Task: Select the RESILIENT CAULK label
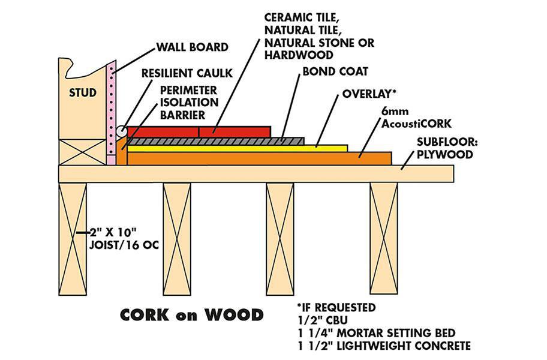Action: pyautogui.click(x=184, y=74)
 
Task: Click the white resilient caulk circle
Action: pyautogui.click(x=121, y=130)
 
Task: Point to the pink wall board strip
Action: pyautogui.click(x=110, y=114)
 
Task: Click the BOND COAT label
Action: pyautogui.click(x=327, y=71)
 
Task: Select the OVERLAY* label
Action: pyautogui.click(x=369, y=94)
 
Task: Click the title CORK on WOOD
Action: pyautogui.click(x=192, y=314)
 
